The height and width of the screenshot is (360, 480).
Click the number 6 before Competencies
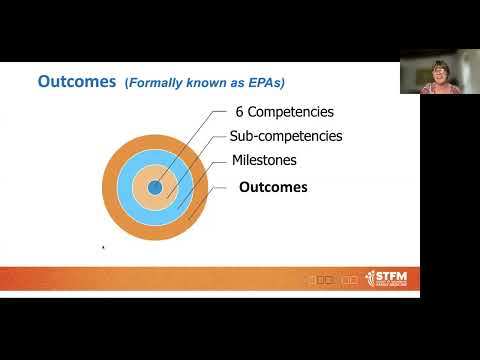click(x=240, y=112)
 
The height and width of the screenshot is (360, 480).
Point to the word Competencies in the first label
click(x=291, y=112)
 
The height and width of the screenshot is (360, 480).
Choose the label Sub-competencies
click(x=286, y=136)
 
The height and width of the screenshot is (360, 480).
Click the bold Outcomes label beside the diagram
click(x=273, y=187)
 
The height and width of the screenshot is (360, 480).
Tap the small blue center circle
click(x=155, y=187)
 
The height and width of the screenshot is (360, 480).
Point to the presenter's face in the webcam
click(x=439, y=71)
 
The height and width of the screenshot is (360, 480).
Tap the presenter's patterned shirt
click(x=439, y=89)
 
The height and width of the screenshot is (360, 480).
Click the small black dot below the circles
click(x=103, y=247)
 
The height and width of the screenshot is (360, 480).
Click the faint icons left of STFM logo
click(x=331, y=280)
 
